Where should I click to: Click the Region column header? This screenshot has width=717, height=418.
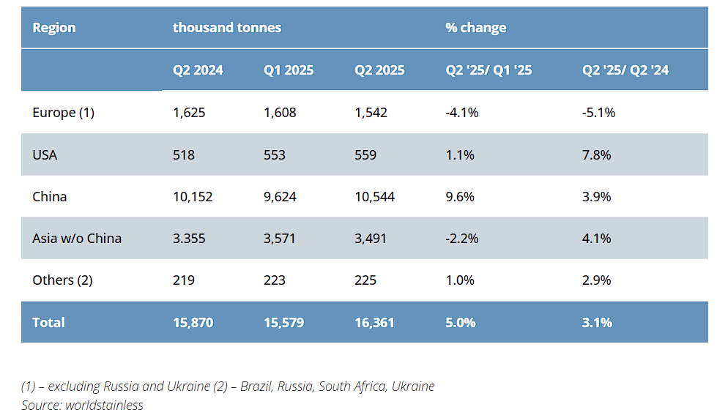(x=54, y=28)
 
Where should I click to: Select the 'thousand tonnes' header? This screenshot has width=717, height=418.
(x=227, y=28)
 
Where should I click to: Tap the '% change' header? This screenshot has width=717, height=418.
(x=476, y=28)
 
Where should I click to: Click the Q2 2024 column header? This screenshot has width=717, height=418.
(x=198, y=70)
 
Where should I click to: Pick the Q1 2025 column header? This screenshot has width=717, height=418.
(x=289, y=70)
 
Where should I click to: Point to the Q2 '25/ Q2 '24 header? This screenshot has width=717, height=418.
(x=625, y=70)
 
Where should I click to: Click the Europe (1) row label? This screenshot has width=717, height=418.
(x=64, y=113)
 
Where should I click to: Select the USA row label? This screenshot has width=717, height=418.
(x=45, y=154)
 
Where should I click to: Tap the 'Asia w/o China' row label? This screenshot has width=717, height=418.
(x=77, y=239)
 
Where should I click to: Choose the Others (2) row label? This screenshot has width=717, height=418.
(x=64, y=280)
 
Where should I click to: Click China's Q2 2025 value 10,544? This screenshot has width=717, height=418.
(x=375, y=197)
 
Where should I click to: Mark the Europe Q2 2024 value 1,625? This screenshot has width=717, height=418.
(x=189, y=113)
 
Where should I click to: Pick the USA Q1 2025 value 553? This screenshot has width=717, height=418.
(x=275, y=154)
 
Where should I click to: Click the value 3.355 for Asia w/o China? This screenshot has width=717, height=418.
(x=189, y=239)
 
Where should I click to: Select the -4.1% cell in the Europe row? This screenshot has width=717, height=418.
(x=461, y=113)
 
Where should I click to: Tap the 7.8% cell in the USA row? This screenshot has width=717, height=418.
(x=596, y=154)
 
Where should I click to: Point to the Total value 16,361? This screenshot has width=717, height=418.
(x=375, y=323)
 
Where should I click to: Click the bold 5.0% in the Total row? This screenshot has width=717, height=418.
(x=460, y=323)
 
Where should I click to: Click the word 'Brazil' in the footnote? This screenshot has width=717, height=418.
(x=269, y=387)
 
